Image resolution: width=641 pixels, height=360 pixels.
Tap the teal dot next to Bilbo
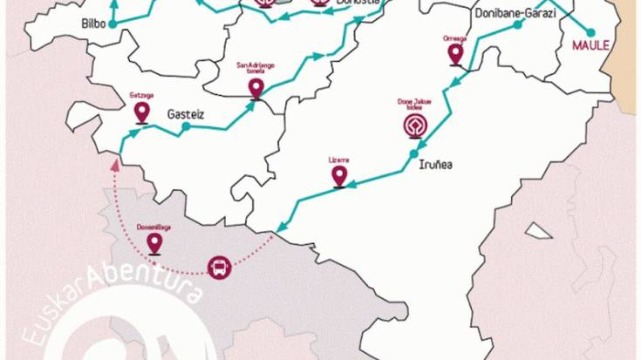[115, 24]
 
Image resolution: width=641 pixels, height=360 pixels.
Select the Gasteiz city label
[185, 112]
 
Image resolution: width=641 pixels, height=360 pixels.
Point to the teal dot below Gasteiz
[185, 127]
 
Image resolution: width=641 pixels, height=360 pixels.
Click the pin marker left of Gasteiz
[141, 112]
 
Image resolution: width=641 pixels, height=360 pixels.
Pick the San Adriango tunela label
[256, 67]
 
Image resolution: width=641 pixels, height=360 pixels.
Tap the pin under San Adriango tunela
[256, 87]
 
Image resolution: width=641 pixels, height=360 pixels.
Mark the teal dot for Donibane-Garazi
[517, 25]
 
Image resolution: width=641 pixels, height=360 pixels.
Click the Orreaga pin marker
[454, 55]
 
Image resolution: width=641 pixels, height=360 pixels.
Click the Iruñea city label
[435, 165]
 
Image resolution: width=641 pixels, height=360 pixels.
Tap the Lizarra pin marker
[339, 176]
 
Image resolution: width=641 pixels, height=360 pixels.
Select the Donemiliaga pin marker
[154, 243]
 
